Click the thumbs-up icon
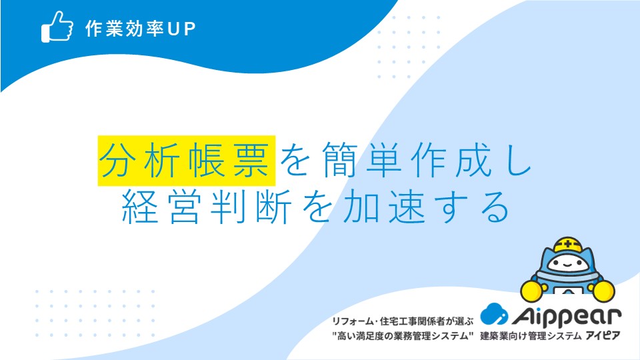(57, 27)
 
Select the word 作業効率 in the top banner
(125, 29)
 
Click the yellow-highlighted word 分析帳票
(186, 161)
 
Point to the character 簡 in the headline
(341, 160)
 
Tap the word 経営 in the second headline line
(161, 207)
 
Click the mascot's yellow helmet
(568, 245)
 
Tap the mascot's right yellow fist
(603, 291)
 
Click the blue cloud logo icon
(494, 314)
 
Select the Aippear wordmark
(567, 315)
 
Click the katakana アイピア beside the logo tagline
(603, 336)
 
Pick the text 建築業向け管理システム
(530, 336)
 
